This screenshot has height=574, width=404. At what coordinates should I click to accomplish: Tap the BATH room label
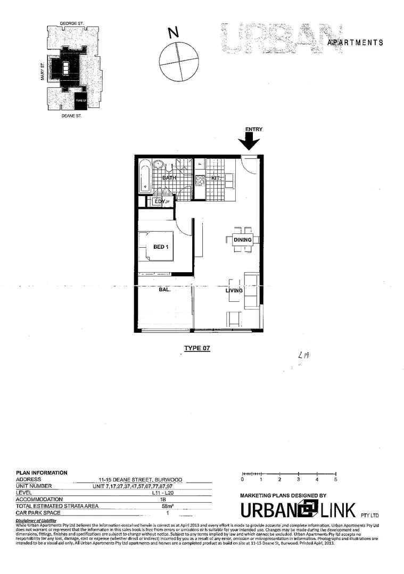coord(169,178)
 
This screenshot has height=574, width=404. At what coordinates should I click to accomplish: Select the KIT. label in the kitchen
coord(216,178)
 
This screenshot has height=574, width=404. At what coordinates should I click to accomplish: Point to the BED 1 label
coord(161,246)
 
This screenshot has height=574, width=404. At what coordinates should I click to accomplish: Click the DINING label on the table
coord(243,240)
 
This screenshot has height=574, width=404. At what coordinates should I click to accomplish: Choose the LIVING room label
coord(234,291)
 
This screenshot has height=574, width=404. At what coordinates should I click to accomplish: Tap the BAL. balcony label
coord(164,291)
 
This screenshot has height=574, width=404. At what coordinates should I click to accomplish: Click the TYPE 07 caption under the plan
coord(197,349)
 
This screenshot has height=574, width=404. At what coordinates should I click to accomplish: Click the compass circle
coord(179,62)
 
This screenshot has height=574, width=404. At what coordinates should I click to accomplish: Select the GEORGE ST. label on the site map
coord(73,23)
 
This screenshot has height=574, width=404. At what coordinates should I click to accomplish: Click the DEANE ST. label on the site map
coord(72,114)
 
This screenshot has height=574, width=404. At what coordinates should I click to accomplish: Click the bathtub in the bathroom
coord(145,178)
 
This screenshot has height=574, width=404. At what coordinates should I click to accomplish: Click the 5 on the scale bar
coord(335,480)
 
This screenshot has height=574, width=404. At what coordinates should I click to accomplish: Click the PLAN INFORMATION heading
coord(42,472)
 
